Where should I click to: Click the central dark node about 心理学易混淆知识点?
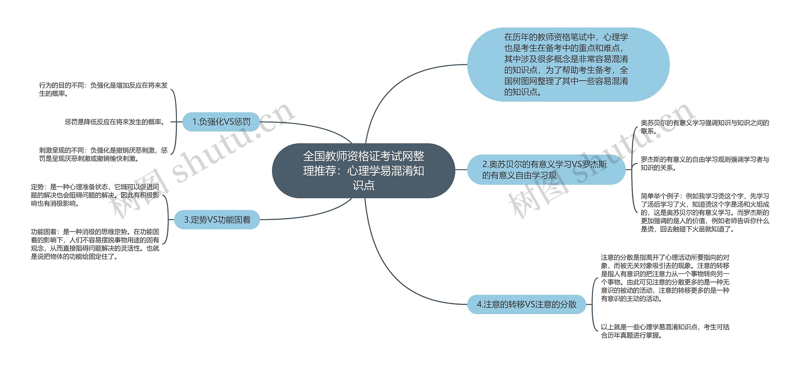point(363,170)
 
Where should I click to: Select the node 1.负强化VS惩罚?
point(221,122)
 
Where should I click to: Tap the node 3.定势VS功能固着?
point(217,220)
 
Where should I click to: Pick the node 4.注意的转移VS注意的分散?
point(526,304)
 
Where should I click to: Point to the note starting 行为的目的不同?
point(103,89)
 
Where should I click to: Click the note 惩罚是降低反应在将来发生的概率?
point(115,122)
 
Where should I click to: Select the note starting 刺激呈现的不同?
point(103,155)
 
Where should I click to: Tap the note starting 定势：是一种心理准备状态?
point(95,195)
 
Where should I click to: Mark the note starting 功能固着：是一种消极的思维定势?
point(95,244)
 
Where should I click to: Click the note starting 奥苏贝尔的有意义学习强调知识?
point(705,127)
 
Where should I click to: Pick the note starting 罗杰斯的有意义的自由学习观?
point(705,164)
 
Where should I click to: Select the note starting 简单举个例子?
point(705,212)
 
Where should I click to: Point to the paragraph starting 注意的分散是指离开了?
point(665,278)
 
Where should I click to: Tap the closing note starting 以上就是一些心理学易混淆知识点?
point(665,331)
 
